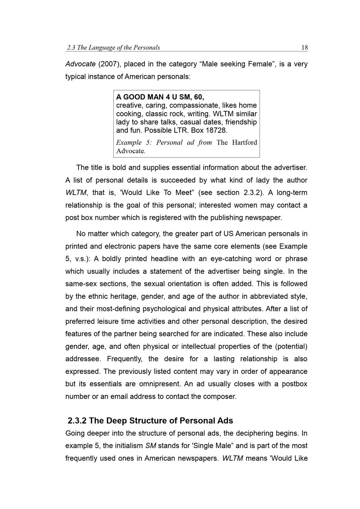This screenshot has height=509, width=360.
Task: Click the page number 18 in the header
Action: [304, 47]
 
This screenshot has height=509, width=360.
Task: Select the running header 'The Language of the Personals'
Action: [118, 47]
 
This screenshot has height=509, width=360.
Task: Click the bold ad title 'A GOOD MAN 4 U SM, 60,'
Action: [160, 97]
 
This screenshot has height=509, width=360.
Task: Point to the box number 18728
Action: [217, 130]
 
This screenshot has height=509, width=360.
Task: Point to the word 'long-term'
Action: [292, 192]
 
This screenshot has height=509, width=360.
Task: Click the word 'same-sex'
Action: [81, 284]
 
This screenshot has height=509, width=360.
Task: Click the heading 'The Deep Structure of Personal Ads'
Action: [161, 421]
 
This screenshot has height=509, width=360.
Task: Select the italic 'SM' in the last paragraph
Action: [150, 446]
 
